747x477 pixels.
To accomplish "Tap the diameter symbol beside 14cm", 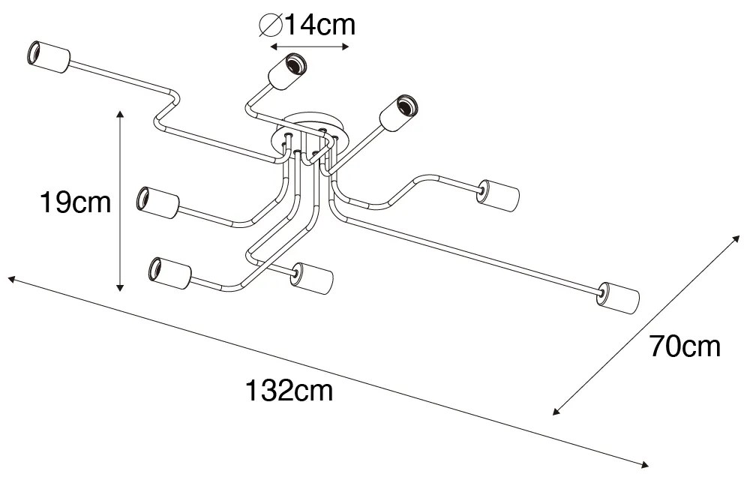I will (268, 25).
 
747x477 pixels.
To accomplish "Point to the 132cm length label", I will (288, 390).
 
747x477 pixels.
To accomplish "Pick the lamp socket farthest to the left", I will (47, 57).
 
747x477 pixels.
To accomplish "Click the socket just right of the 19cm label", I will (158, 203).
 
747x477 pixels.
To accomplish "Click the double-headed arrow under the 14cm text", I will (310, 47).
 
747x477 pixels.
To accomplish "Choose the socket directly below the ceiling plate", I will (311, 278).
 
